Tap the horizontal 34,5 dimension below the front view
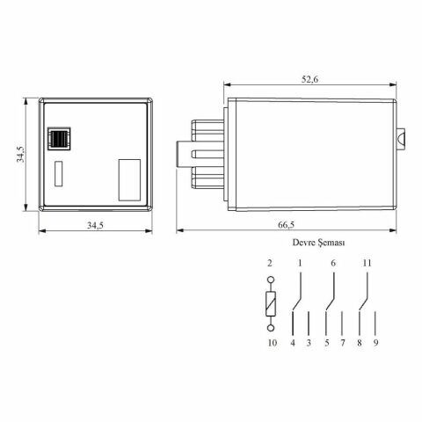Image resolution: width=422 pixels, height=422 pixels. pos(95,226)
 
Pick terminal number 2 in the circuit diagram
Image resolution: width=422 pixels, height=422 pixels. pos(271,263)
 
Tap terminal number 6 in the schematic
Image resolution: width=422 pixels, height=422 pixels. pos(333,263)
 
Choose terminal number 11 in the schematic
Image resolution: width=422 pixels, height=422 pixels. pos(367,263)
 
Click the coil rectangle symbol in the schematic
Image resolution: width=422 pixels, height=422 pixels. pos(272,305)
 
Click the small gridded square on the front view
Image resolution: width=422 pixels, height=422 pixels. pos(60,139)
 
